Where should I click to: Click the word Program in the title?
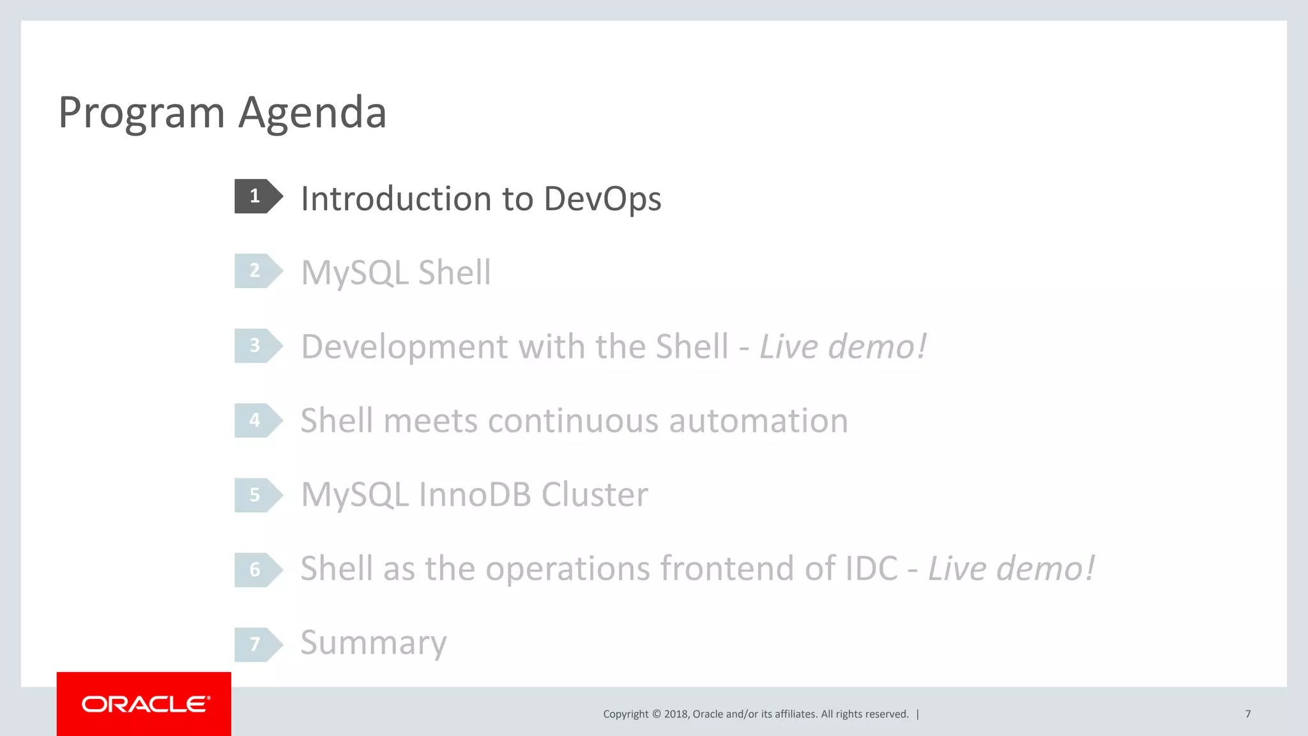(x=141, y=114)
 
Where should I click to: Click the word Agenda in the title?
(x=312, y=112)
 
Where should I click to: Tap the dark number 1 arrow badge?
(x=257, y=196)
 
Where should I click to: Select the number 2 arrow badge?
(x=257, y=271)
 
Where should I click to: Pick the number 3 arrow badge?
(x=257, y=346)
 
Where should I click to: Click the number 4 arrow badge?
(x=257, y=420)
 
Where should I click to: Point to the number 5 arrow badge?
(x=257, y=495)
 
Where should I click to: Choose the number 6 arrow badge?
(x=257, y=570)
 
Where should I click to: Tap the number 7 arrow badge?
(x=257, y=645)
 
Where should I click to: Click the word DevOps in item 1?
(x=602, y=199)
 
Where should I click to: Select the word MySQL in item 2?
(x=354, y=273)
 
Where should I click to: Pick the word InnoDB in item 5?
(x=475, y=495)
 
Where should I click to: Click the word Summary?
(x=374, y=643)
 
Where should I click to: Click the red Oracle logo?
(x=144, y=704)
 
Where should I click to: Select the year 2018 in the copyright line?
(x=676, y=714)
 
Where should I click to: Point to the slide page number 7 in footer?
(x=1247, y=714)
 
